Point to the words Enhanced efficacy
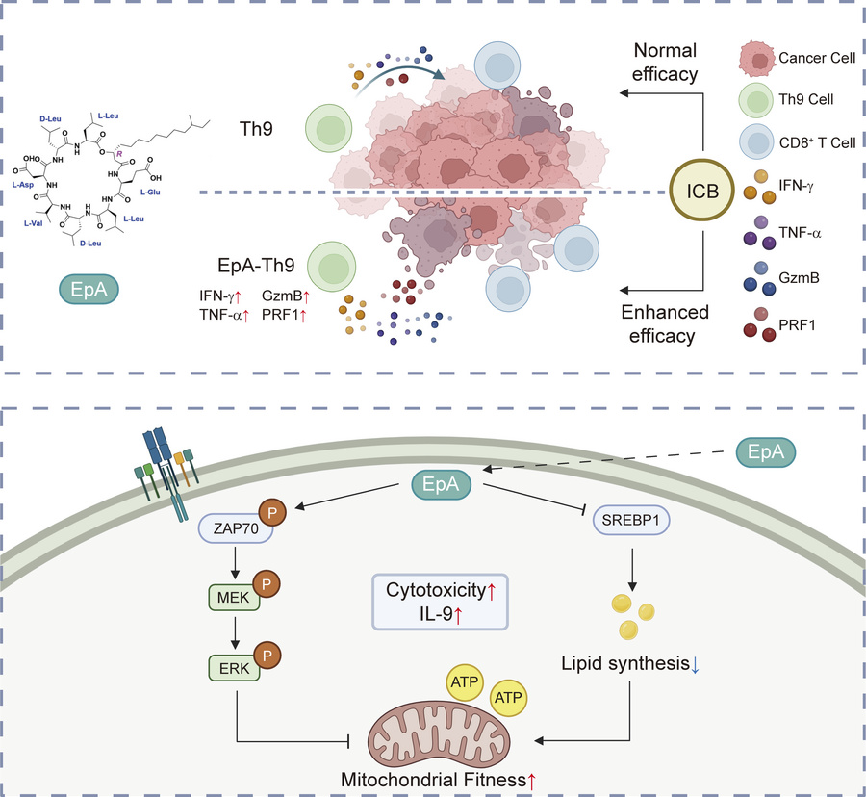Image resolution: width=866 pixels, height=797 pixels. (666, 324)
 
